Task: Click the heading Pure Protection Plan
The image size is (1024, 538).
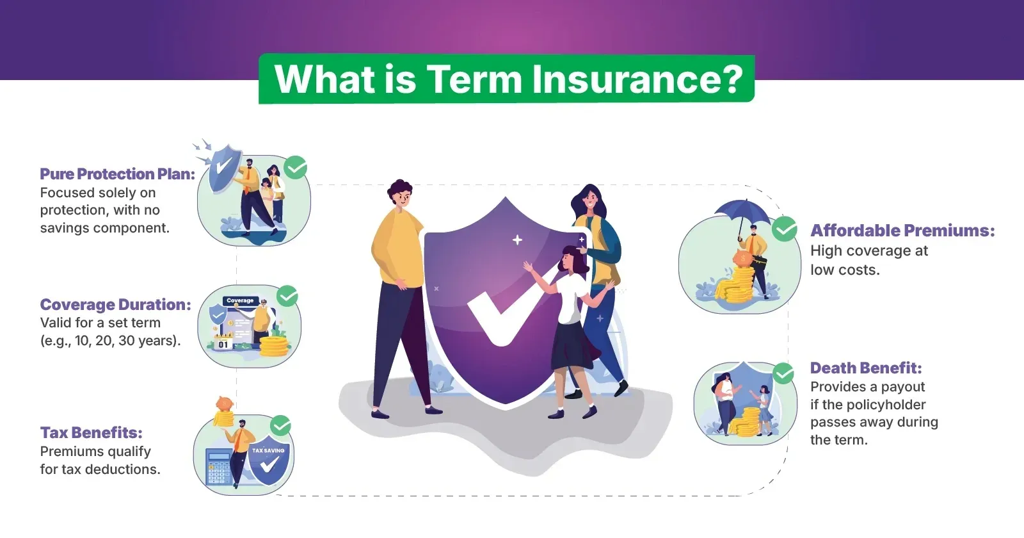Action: pyautogui.click(x=118, y=174)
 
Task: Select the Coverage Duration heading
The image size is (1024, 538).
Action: pyautogui.click(x=116, y=304)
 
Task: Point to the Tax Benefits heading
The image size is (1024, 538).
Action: pyautogui.click(x=92, y=432)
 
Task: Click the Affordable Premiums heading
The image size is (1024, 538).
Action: pyautogui.click(x=902, y=230)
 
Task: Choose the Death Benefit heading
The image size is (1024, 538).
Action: pyautogui.click(x=866, y=368)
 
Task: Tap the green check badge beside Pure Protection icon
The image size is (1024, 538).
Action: pyautogui.click(x=295, y=167)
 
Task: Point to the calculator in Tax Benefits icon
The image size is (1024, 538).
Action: pyautogui.click(x=220, y=466)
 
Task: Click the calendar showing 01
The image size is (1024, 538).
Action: pyautogui.click(x=223, y=342)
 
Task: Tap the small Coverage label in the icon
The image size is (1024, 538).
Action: pyautogui.click(x=240, y=300)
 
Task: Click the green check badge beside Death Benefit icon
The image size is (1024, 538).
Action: pyautogui.click(x=783, y=374)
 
